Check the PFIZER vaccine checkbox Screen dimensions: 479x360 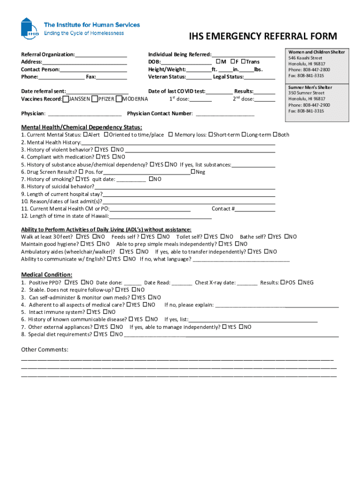click(95, 99)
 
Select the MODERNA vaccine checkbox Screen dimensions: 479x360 click(119, 99)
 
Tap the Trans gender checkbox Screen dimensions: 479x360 click(244, 62)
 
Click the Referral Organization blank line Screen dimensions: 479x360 click(101, 55)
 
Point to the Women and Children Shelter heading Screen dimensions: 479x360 click(317, 52)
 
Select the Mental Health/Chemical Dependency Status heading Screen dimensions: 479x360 click(81, 127)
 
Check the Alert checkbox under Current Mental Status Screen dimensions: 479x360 click(85, 135)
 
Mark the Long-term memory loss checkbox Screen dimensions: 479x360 click(244, 135)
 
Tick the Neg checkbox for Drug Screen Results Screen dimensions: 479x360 click(193, 172)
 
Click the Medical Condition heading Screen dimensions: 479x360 click(47, 275)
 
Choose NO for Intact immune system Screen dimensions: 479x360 click(105, 312)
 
